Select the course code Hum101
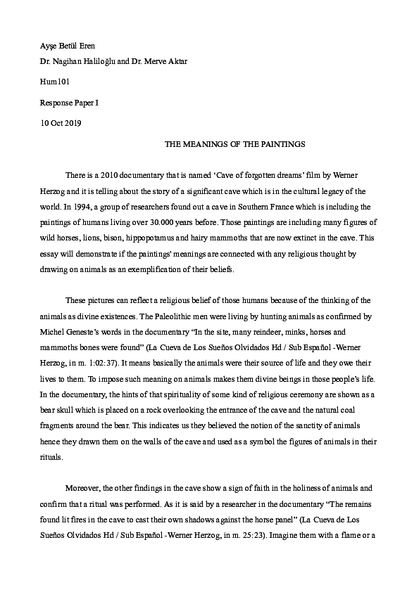pyautogui.click(x=54, y=82)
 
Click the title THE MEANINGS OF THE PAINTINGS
pyautogui.click(x=234, y=144)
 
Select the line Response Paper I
pyautogui.click(x=69, y=103)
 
